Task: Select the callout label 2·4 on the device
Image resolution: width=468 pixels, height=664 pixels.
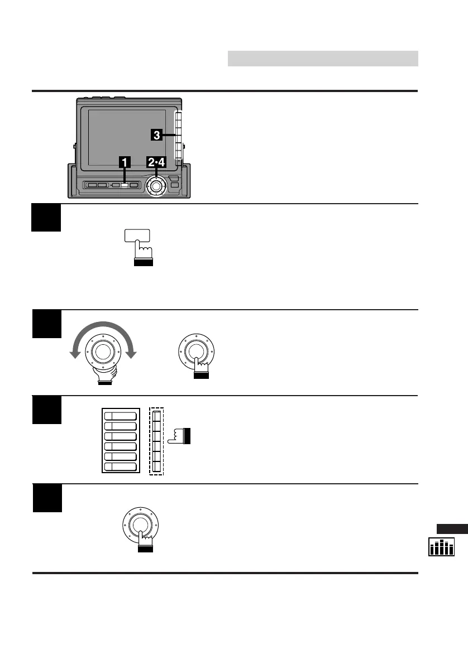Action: tap(156, 162)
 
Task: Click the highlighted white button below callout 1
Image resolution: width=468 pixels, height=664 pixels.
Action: tap(125, 185)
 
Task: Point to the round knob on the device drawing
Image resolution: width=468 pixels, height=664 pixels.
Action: tap(156, 185)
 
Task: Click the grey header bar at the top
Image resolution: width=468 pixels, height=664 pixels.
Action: tap(323, 59)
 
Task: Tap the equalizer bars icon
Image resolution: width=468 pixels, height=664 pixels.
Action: tap(441, 547)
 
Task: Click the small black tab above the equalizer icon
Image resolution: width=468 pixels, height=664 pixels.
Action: tap(452, 529)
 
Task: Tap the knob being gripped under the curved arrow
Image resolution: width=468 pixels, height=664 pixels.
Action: tap(102, 351)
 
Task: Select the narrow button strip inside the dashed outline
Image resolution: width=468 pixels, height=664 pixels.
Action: tap(156, 441)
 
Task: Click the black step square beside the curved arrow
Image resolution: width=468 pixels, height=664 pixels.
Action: tap(47, 324)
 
